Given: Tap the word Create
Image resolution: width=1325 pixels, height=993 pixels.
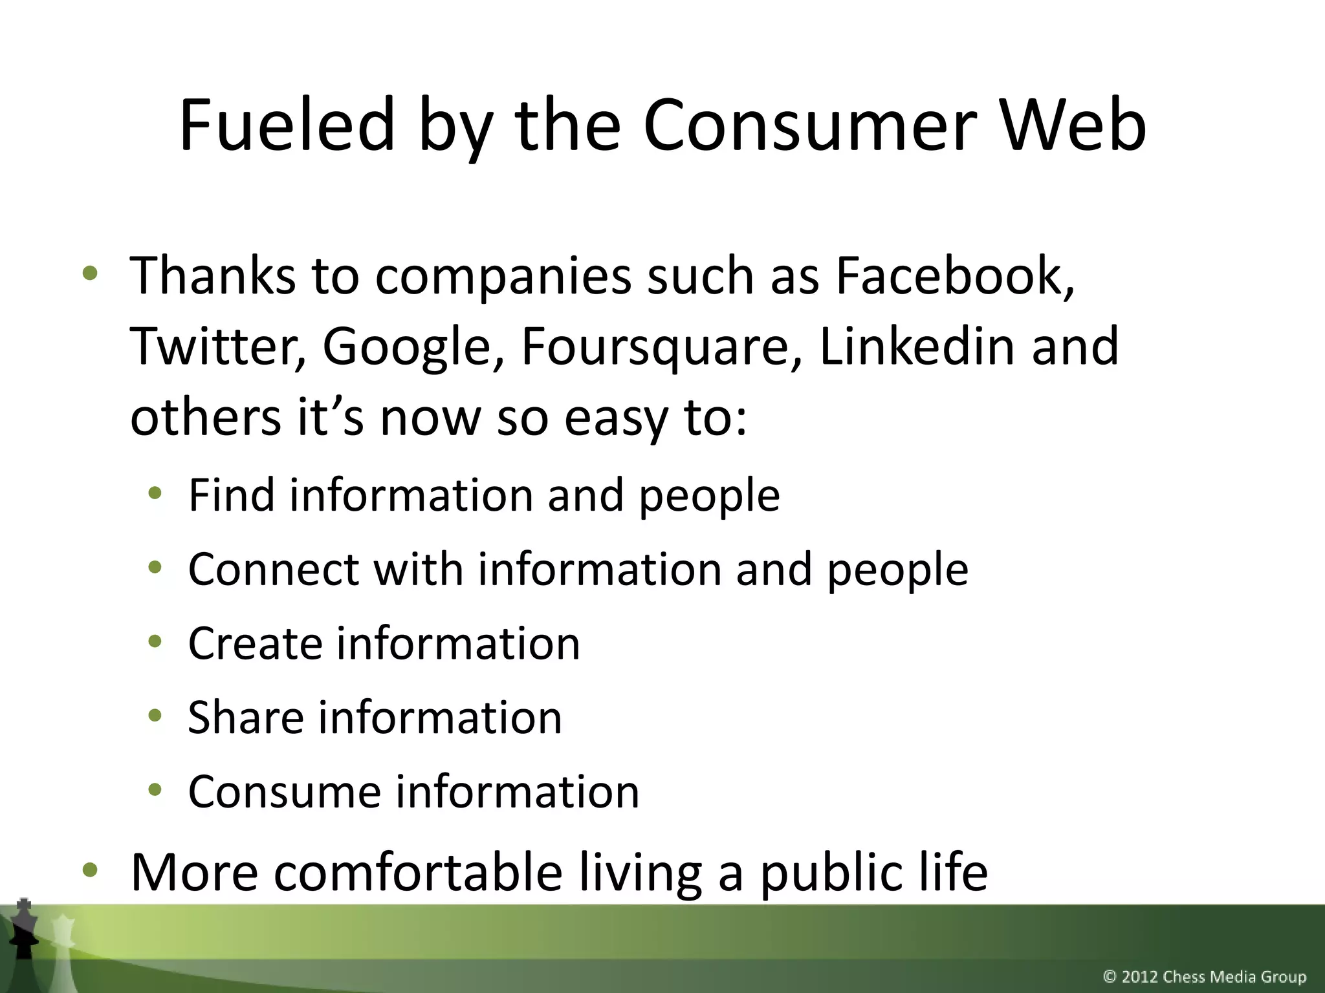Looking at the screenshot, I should pos(256,644).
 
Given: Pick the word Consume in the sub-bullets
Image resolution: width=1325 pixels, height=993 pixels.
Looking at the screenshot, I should pos(285,792).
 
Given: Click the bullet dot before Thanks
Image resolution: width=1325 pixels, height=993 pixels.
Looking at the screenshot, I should pos(90,274).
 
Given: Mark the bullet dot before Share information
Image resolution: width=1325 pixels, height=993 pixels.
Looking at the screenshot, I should pos(155,716).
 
